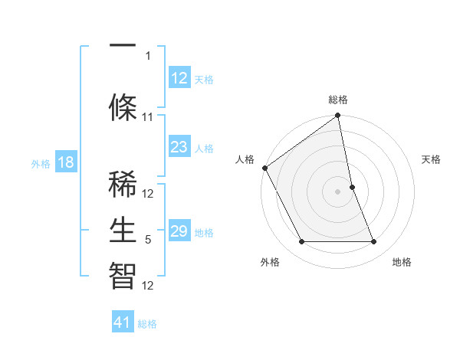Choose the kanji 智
[122, 273]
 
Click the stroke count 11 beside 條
[148, 117]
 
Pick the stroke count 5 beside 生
[148, 240]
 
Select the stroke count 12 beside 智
[148, 286]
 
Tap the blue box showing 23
[179, 147]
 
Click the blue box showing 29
[179, 231]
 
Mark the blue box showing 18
[65, 162]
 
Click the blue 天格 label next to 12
[204, 79]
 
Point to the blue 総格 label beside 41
[147, 324]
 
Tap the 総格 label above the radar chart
[338, 100]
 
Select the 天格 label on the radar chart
[431, 159]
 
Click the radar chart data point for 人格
[264, 168]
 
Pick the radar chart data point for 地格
[374, 242]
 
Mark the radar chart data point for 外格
[301, 242]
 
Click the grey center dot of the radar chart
[337, 191]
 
